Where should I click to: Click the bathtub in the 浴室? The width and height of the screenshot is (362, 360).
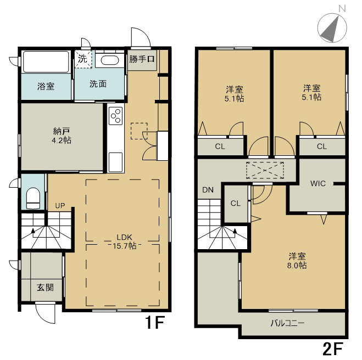pos(46,61)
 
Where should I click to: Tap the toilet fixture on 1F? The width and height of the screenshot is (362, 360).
pos(34,198)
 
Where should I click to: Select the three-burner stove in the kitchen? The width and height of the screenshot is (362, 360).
pos(116,116)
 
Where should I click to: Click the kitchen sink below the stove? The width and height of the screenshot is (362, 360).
pos(115,162)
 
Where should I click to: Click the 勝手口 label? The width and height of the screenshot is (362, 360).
pos(142,59)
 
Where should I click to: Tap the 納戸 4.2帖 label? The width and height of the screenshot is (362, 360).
pos(62,136)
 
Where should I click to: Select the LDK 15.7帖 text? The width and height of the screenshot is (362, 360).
pos(124,241)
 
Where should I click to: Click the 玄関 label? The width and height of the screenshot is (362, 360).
pos(45,288)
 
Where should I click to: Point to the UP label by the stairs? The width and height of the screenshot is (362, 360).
pos(60,205)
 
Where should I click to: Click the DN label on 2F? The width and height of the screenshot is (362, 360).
pos(208,190)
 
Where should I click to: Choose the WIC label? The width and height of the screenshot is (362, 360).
pos(318,184)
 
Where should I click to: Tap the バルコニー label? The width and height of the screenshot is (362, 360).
pos(287,323)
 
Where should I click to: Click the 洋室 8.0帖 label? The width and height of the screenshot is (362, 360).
pos(297,261)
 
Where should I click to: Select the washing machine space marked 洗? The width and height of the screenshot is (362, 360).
pos(83,59)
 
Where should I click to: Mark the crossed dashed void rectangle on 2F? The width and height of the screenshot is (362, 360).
pos(265,170)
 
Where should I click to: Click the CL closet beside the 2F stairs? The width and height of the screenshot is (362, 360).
pos(236,204)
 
